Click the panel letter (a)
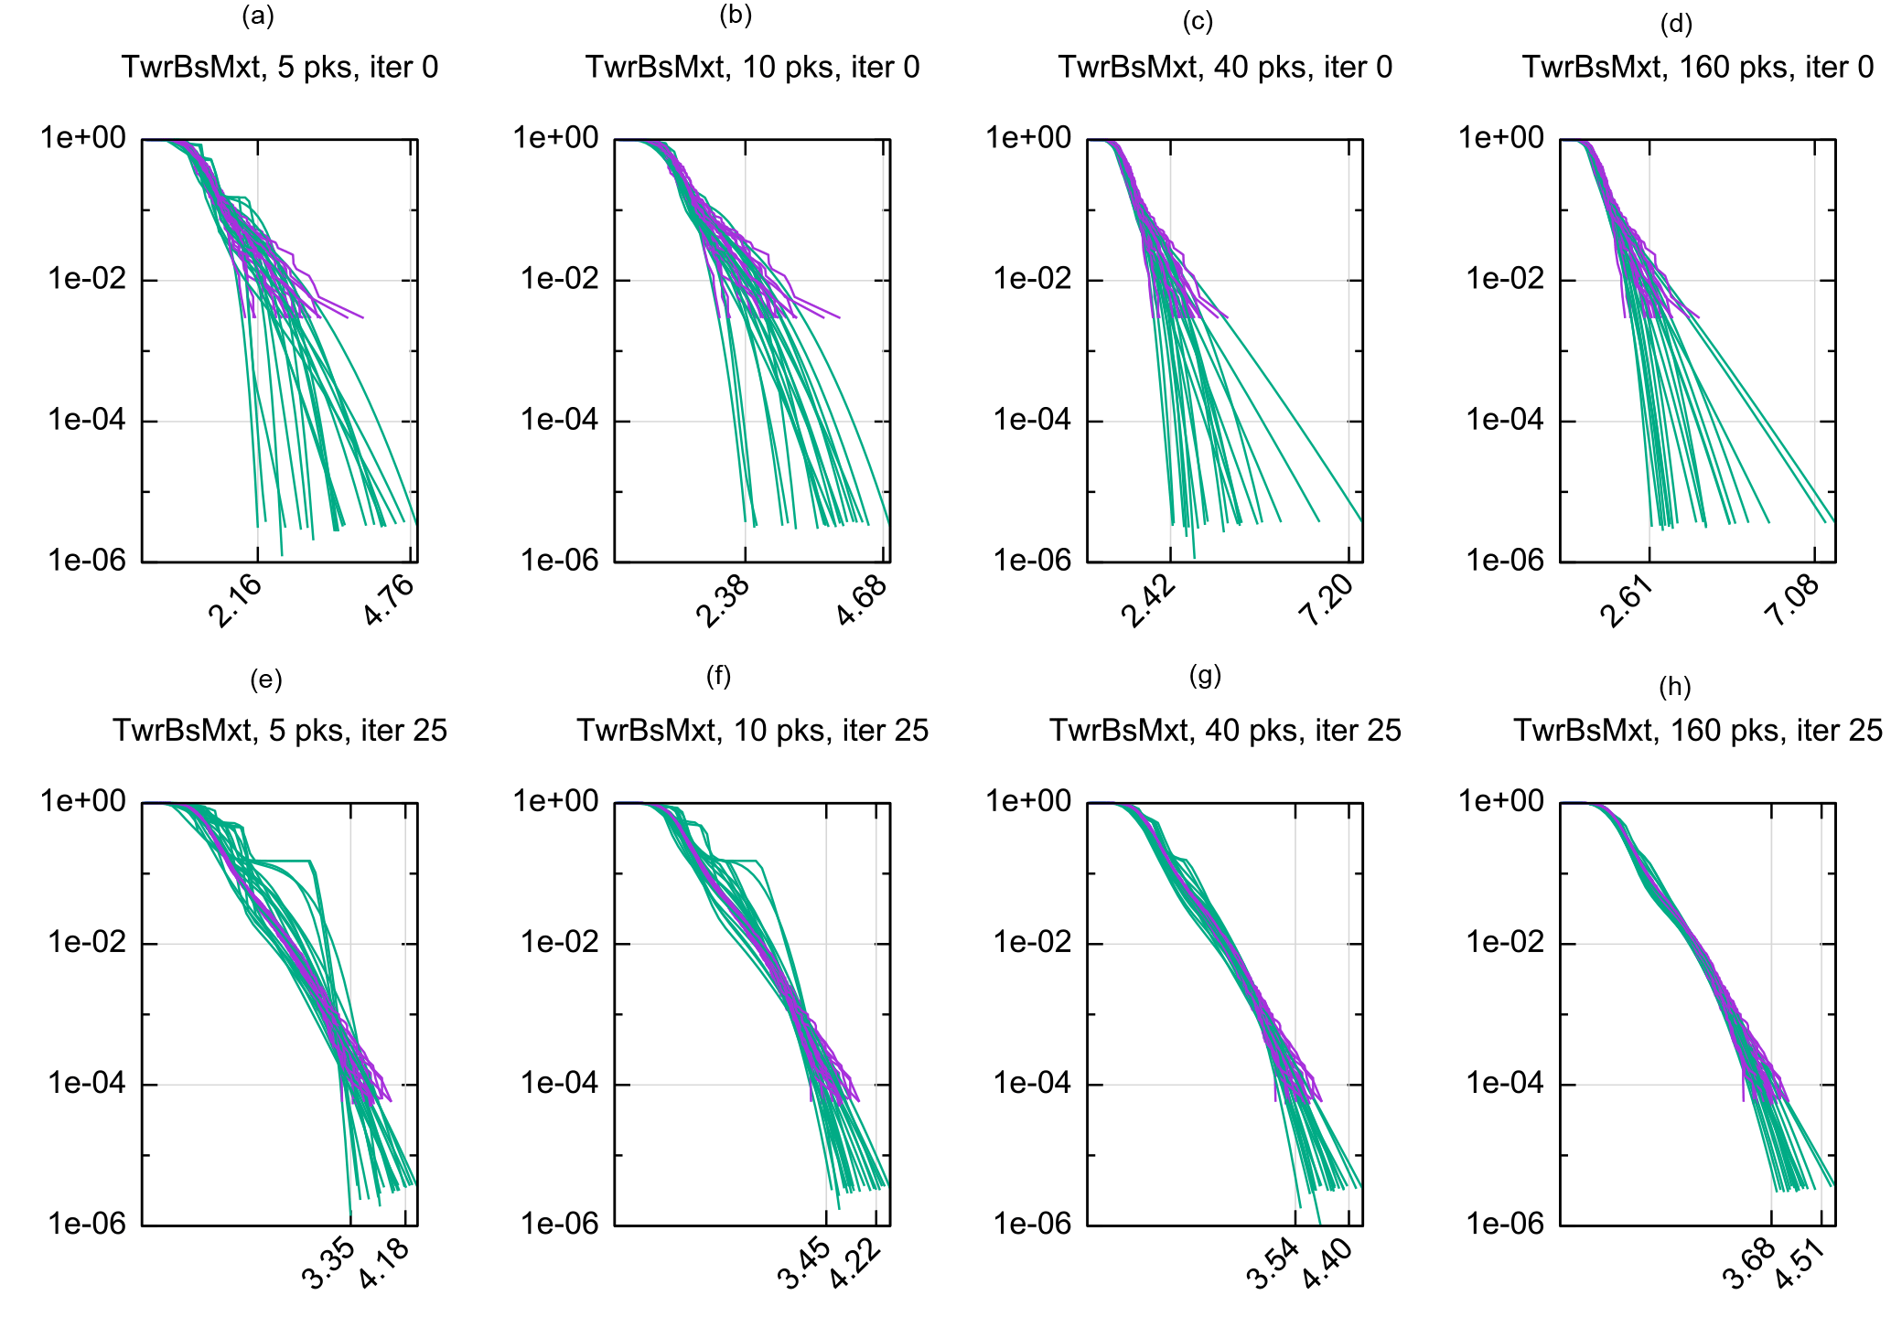[x=258, y=16]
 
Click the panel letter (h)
[x=1675, y=687]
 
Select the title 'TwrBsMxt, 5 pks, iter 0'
[x=280, y=68]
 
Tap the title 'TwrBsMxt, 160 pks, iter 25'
[x=1698, y=731]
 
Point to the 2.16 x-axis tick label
[x=235, y=601]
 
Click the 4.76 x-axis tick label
[x=390, y=600]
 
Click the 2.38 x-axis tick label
[x=723, y=601]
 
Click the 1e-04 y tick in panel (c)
[x=1032, y=420]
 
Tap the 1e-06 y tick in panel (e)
[x=87, y=1224]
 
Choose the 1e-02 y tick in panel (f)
[x=559, y=942]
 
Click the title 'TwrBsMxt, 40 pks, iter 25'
[x=1225, y=731]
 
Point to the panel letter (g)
[x=1205, y=676]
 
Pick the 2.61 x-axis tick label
[x=1626, y=601]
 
